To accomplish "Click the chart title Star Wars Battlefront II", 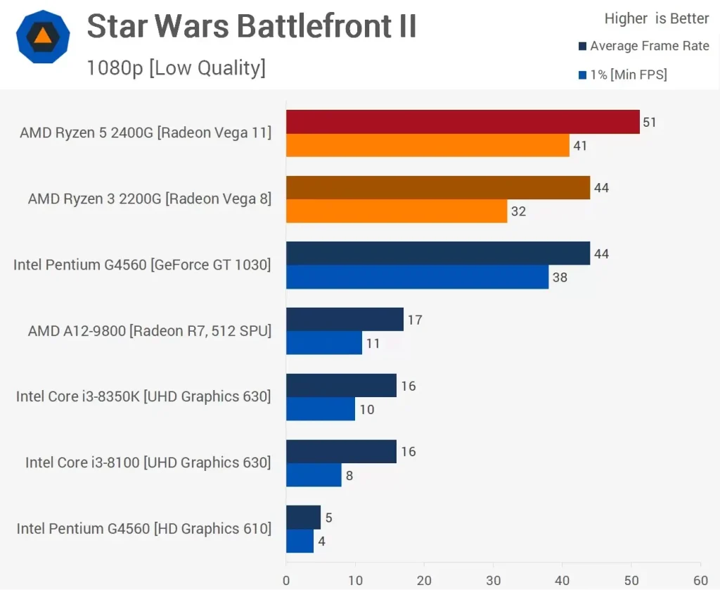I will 252,27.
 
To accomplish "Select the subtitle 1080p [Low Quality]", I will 176,68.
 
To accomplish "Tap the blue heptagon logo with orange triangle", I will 43,37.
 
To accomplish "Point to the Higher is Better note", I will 657,19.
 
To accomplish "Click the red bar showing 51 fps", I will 463,122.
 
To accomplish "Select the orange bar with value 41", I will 427,146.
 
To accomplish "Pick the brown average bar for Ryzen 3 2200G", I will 438,188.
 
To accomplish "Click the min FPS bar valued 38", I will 417,277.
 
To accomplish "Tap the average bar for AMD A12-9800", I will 345,320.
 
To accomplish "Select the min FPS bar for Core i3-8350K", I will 321,410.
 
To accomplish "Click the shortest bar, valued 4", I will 300,541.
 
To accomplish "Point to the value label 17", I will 415,320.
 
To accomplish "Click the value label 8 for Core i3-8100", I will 349,476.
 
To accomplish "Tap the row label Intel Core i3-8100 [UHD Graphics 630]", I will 148,463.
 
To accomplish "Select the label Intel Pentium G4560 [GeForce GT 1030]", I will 142,265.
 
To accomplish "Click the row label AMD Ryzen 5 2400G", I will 146,132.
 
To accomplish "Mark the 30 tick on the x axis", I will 493,581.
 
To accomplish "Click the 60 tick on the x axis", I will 700,581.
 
